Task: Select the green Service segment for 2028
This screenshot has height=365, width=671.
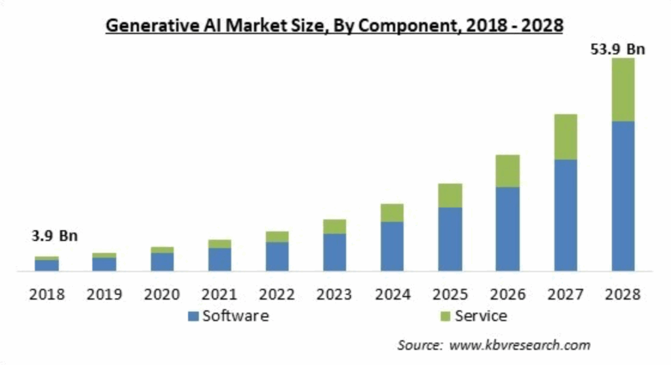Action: tap(623, 90)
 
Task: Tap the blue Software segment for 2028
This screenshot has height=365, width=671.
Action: tap(623, 196)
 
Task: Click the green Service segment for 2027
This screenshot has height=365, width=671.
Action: tap(566, 137)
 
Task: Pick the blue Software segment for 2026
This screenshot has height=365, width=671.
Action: tap(508, 229)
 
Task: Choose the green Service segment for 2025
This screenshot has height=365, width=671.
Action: tap(450, 195)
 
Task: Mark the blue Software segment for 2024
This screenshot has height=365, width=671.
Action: tap(393, 246)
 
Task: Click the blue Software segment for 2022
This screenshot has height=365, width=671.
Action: tap(277, 256)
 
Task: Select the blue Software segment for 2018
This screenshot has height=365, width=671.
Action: tap(47, 265)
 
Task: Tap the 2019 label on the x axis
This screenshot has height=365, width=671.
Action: tap(105, 294)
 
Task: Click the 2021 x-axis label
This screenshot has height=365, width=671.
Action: tap(220, 294)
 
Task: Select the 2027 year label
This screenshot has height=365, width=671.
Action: tap(566, 294)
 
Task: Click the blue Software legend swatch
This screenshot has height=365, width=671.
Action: tap(193, 317)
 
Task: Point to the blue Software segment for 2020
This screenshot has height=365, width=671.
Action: tap(162, 261)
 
